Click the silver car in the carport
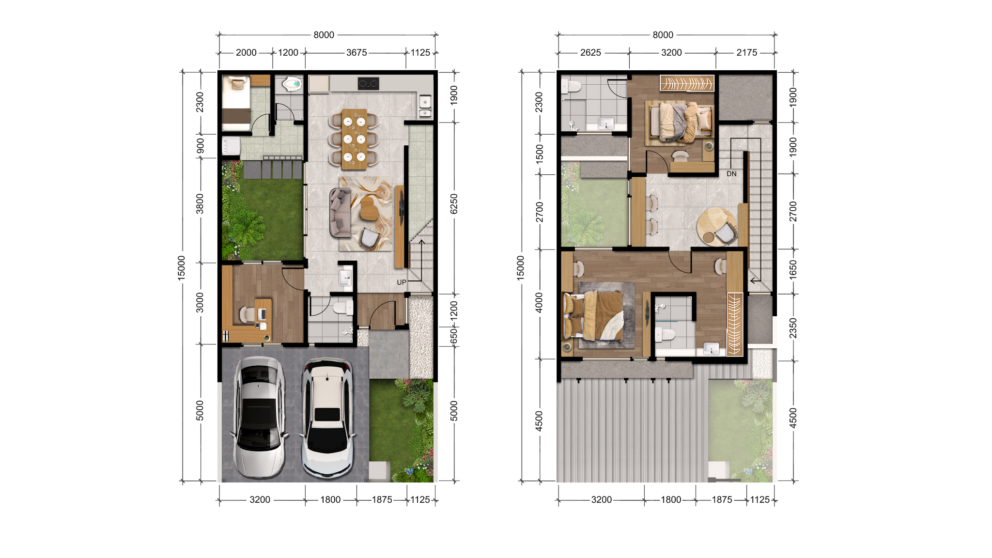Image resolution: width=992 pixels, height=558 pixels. point(259,418)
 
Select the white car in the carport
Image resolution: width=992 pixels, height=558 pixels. point(327,418)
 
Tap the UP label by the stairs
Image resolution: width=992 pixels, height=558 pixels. point(402,282)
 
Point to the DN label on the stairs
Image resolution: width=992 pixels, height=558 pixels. point(731,174)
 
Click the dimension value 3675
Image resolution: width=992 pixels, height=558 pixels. point(356,53)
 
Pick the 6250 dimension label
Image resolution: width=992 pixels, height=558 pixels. point(454,204)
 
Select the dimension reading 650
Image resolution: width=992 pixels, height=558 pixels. point(454,336)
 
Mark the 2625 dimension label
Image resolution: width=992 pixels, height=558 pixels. point(590,53)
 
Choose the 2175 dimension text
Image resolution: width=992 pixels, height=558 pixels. point(746,53)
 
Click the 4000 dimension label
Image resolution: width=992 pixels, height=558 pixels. point(539,303)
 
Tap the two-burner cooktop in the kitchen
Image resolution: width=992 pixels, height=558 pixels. point(369,83)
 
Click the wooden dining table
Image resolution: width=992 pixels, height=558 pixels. point(355,139)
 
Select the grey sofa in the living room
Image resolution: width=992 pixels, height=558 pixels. point(340,213)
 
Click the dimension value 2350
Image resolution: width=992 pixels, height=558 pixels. point(793,328)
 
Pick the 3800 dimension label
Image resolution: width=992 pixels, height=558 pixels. point(200,204)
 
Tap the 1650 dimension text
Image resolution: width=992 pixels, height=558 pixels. point(793,271)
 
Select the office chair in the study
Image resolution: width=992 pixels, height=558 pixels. point(247,314)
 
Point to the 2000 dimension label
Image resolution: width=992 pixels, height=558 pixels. point(246,53)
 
